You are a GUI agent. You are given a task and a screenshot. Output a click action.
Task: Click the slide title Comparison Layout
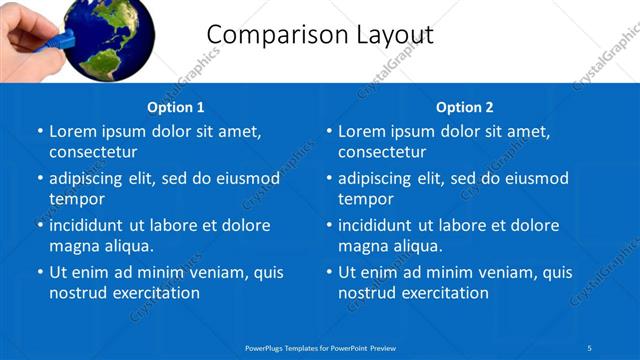[x=320, y=35]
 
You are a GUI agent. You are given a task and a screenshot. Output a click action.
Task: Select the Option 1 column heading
[x=176, y=107]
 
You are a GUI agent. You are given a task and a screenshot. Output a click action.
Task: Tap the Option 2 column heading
[x=465, y=107]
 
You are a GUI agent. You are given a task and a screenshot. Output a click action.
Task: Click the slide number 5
[x=590, y=347]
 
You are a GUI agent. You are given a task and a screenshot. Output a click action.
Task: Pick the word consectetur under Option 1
[x=93, y=152]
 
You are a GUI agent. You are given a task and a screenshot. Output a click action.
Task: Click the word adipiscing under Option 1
[x=92, y=179]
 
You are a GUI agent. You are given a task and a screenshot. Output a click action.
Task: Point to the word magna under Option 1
[x=73, y=246]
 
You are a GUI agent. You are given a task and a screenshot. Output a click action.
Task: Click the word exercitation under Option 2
[x=442, y=293]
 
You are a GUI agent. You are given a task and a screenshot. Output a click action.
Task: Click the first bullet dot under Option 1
[x=40, y=132]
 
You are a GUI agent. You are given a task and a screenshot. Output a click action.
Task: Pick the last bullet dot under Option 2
[x=329, y=273]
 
